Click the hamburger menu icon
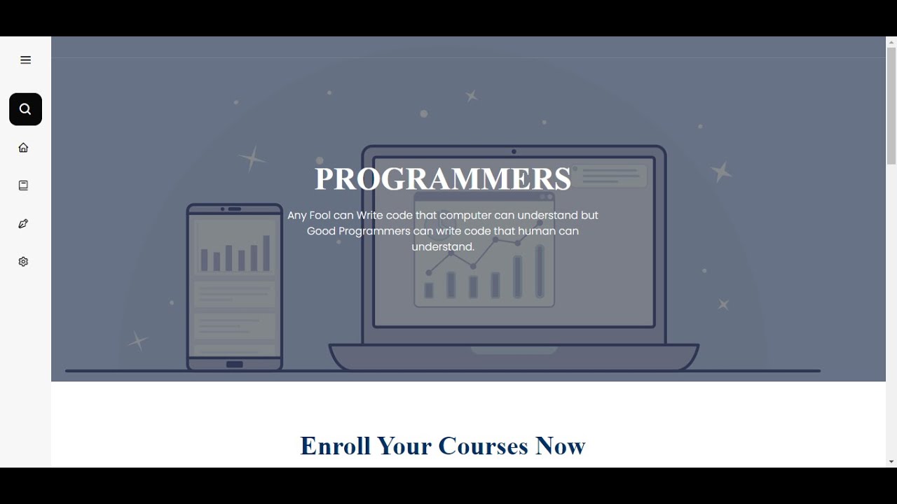point(25,60)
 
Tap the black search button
point(25,109)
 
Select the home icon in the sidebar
point(23,148)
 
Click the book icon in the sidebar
point(23,185)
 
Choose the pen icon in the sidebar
point(23,224)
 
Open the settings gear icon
point(23,262)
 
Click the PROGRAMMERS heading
point(443,179)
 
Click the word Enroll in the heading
point(336,446)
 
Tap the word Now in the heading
point(560,446)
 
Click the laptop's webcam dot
point(514,151)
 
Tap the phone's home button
point(235,364)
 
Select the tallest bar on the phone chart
point(266,253)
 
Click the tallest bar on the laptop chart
point(540,272)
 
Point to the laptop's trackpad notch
point(514,350)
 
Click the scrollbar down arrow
point(891,462)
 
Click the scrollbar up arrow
point(891,42)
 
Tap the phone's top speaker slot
point(235,209)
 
